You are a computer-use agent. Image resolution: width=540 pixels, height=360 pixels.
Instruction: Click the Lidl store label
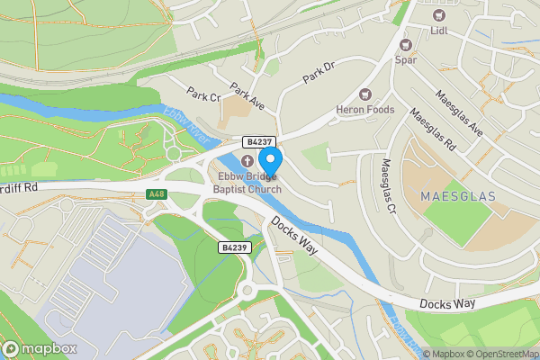point(440,32)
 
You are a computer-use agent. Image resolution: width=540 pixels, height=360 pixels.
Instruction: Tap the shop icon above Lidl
point(440,15)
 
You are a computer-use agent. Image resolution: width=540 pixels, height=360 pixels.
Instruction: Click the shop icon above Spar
point(406,43)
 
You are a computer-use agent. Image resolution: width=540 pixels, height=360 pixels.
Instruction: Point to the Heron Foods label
point(365,110)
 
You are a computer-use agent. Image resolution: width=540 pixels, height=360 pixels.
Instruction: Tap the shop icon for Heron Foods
point(365,94)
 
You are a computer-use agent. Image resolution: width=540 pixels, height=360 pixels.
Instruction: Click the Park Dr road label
point(319,73)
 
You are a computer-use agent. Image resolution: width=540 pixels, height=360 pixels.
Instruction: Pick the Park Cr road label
point(204,94)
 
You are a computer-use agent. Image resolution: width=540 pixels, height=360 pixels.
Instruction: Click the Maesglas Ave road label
point(459,112)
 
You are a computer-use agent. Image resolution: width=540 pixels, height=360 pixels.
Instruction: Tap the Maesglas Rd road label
point(433,130)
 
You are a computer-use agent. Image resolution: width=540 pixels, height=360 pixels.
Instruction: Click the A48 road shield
point(157,193)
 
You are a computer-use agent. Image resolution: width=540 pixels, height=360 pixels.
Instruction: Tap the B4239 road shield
point(233,247)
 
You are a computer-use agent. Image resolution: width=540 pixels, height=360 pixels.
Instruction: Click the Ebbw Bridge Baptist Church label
point(247,183)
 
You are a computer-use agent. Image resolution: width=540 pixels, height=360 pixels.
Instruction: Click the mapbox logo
point(40,349)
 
